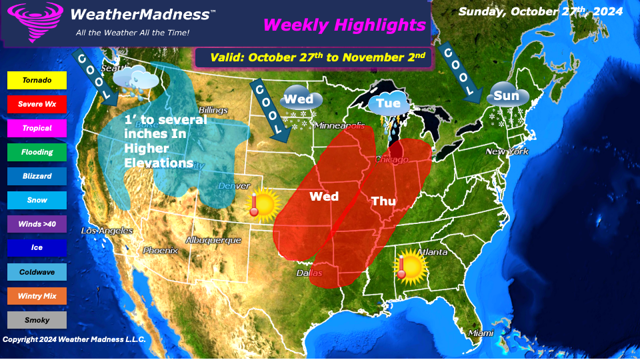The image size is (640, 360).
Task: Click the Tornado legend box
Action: (x=37, y=80)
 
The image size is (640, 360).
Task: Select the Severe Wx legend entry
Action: (x=37, y=104)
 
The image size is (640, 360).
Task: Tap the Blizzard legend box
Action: (x=37, y=176)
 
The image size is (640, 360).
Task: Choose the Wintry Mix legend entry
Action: (x=37, y=296)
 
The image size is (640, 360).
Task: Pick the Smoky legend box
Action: (x=37, y=320)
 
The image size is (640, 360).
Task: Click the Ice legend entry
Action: (x=37, y=248)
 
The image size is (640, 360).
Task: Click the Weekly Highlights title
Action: (x=344, y=25)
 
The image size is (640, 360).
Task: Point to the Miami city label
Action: (x=480, y=332)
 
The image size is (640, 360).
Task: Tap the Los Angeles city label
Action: (x=107, y=231)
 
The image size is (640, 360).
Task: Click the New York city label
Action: (x=507, y=151)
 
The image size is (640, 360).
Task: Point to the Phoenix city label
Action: (x=161, y=251)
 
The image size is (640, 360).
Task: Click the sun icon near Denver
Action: (x=263, y=205)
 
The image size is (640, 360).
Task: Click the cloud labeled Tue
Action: (x=388, y=103)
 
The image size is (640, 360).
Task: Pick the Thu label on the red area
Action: (x=383, y=201)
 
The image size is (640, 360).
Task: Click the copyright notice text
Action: (x=74, y=339)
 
